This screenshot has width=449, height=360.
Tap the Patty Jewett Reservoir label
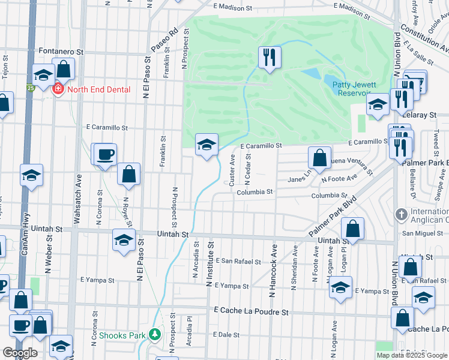coord(358,89)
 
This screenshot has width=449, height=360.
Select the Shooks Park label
coord(123,335)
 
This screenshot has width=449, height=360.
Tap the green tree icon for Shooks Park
coord(155,334)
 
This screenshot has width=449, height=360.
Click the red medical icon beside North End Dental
coord(59,89)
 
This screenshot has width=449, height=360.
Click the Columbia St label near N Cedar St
coord(255,192)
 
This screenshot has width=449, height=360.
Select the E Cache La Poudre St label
coord(252,312)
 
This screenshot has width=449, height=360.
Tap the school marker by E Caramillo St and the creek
coord(206,145)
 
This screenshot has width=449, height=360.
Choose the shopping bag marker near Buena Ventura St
coord(320,158)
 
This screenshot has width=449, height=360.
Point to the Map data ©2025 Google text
coord(412,355)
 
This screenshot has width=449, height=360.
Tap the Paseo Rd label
coord(165,39)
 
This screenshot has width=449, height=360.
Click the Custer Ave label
coord(232,170)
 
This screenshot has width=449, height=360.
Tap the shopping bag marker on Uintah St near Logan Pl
coord(353,229)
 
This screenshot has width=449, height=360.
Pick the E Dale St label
coord(226,335)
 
